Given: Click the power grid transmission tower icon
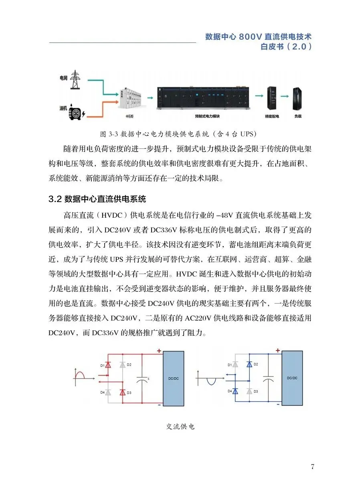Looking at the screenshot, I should (74, 80).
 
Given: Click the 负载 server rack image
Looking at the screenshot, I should (297, 98).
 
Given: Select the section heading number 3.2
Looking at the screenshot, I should (54, 199).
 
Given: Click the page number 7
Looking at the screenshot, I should (312, 466).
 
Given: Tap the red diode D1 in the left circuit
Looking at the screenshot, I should (108, 365).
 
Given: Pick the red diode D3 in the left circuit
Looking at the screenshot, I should (123, 393).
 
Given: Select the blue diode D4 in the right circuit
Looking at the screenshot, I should (235, 391).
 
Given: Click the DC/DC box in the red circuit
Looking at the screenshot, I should (173, 378).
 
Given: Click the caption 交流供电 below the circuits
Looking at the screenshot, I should (180, 427).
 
